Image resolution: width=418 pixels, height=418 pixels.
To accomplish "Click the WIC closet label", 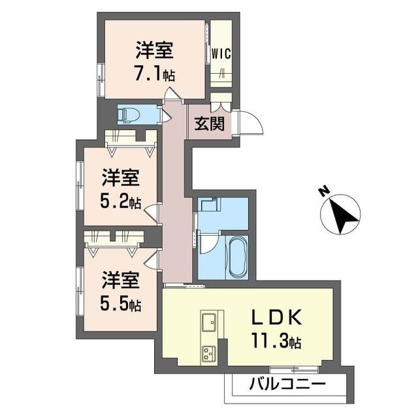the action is [x=221, y=54].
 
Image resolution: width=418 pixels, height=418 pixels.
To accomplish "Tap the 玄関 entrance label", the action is [x=210, y=123].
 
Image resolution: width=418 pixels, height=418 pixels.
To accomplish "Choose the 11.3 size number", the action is [x=270, y=340].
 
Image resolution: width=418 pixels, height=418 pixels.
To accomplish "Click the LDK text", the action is [x=277, y=317].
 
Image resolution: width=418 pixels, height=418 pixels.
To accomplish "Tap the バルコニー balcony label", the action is [x=287, y=385].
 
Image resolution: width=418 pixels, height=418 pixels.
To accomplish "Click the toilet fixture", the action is [x=129, y=115].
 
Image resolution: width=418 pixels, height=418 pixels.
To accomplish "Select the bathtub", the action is [x=237, y=257].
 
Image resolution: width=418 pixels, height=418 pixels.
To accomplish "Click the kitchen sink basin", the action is [x=209, y=322].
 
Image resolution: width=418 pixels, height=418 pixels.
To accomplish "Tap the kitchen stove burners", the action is [x=209, y=354].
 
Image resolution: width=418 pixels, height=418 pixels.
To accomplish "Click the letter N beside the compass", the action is [x=324, y=191].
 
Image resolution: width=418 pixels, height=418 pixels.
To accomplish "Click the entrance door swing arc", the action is [x=255, y=121].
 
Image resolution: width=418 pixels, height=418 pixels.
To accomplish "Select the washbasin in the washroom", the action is [x=210, y=204].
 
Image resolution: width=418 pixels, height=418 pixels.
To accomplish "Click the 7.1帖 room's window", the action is [x=101, y=80].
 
